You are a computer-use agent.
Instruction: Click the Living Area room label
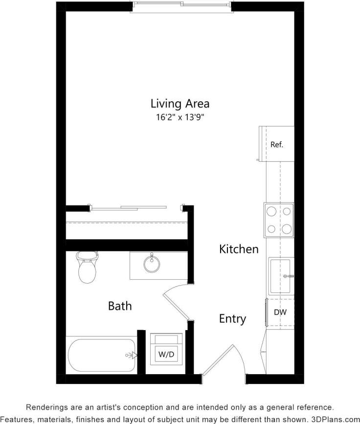180,104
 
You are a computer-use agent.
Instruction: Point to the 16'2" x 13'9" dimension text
180,117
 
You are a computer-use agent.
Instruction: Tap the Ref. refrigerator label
276,145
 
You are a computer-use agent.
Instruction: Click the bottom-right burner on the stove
287,228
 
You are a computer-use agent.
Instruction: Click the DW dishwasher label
280,312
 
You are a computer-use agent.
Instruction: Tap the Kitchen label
238,249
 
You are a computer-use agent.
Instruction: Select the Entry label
232,319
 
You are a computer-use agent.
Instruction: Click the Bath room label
120,306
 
